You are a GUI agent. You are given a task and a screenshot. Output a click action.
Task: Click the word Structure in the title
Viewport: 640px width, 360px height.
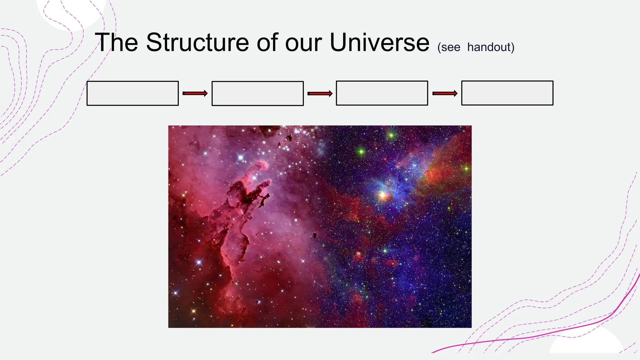click(x=197, y=42)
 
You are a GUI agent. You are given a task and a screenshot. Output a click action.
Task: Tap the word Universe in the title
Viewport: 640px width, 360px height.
click(x=379, y=42)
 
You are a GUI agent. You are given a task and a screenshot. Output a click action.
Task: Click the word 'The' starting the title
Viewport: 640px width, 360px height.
click(x=117, y=42)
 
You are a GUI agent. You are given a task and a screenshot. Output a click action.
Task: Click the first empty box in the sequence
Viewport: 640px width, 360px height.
click(x=132, y=93)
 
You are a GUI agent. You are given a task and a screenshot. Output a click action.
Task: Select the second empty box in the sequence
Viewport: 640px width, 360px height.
click(x=257, y=93)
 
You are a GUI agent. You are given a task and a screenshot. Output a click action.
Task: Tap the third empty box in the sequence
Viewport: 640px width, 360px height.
click(x=382, y=93)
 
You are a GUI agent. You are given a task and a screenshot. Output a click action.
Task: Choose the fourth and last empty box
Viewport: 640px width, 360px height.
click(x=507, y=93)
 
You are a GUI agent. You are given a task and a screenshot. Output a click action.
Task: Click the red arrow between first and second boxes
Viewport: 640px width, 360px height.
click(x=195, y=93)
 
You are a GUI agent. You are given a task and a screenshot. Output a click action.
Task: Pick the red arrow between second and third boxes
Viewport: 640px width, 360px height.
click(x=320, y=93)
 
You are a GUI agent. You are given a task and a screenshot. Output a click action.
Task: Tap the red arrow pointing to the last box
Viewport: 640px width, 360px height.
click(x=445, y=93)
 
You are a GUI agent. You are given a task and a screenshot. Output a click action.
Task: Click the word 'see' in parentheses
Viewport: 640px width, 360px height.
click(x=450, y=47)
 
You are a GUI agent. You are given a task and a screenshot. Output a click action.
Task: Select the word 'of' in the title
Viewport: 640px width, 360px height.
click(x=267, y=42)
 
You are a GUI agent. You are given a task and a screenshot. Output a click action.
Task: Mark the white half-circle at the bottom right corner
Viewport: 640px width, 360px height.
click(x=586, y=342)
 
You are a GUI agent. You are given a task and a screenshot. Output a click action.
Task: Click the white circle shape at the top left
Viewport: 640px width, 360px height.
click(x=70, y=12)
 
